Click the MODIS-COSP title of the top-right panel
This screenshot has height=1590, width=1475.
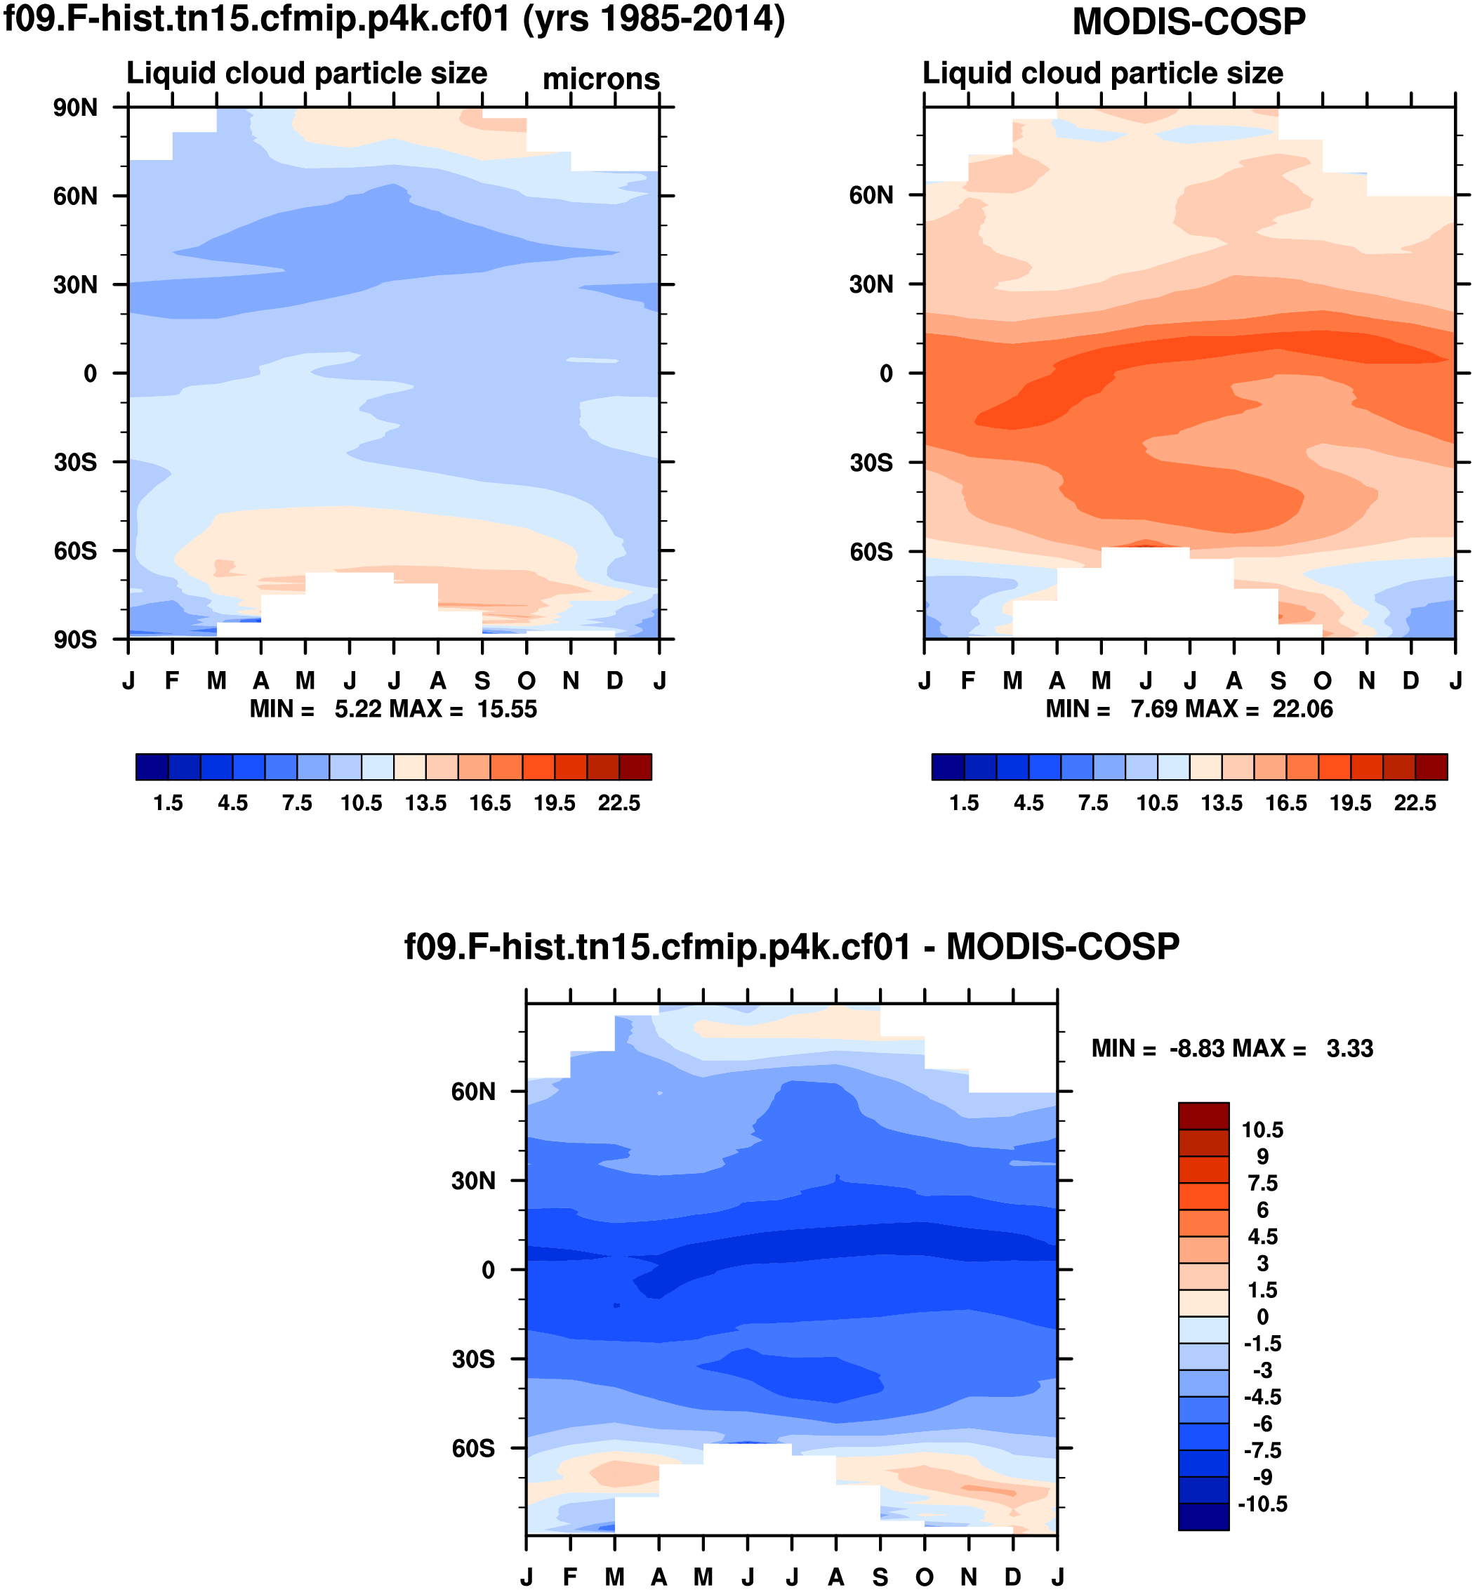click(x=1189, y=22)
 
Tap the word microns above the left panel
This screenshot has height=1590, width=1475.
click(x=601, y=79)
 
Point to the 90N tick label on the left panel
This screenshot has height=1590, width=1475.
click(x=75, y=108)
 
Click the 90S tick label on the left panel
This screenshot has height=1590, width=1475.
click(x=75, y=640)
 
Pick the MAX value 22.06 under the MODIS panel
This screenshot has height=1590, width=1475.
click(x=1302, y=709)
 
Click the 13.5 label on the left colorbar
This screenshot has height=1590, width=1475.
click(x=425, y=803)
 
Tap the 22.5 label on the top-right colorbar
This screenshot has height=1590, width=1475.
click(x=1415, y=803)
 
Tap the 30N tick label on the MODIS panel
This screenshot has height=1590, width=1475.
click(x=871, y=284)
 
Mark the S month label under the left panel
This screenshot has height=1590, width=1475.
click(x=482, y=681)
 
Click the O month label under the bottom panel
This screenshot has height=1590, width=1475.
click(x=925, y=1577)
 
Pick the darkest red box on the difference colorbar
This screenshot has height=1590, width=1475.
click(x=1203, y=1116)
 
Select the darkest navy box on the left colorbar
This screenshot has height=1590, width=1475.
click(x=152, y=767)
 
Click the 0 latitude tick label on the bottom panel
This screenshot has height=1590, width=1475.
click(x=488, y=1270)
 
